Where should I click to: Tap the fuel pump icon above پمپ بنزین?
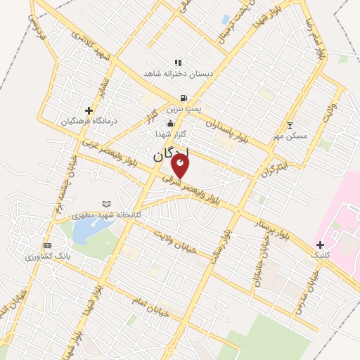184,98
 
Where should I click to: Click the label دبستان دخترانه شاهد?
179,73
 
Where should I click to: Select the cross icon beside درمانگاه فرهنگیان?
89,110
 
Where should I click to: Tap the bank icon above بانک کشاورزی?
47,245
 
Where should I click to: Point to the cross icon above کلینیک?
321,245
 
